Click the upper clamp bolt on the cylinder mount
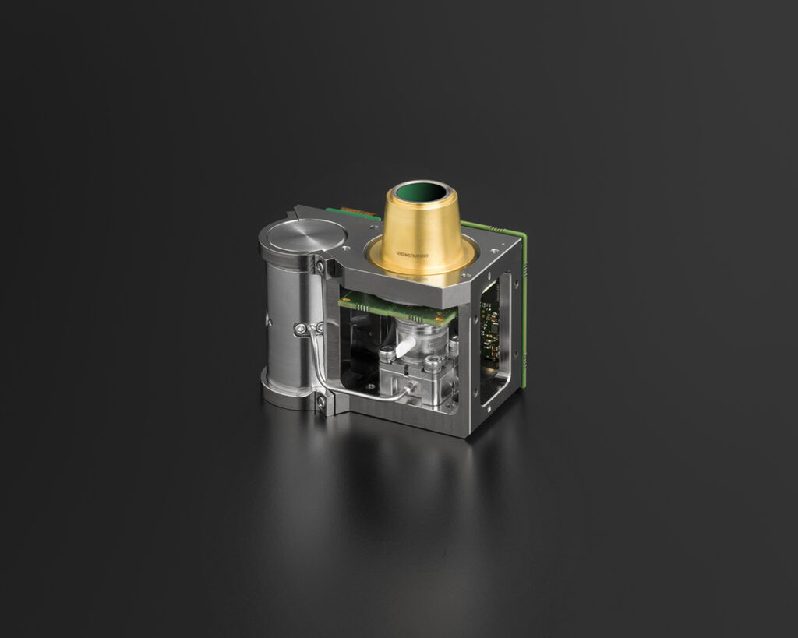click(x=320, y=266)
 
